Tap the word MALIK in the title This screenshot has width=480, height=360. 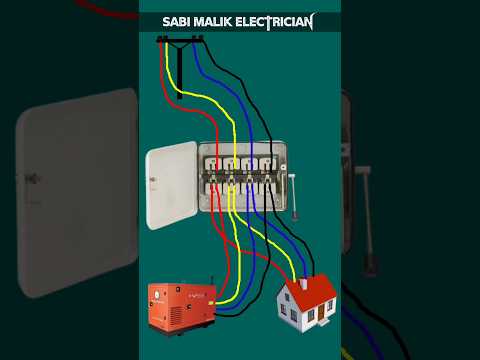(220, 21)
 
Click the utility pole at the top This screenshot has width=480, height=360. (180, 70)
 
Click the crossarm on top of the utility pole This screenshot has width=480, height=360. (180, 40)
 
